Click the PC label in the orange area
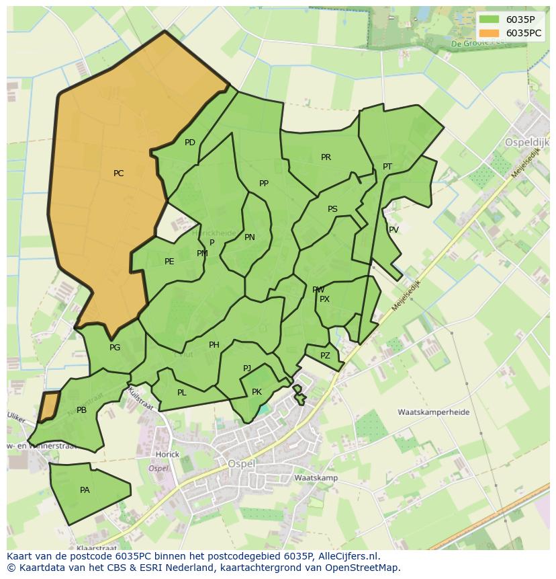coord(118,173)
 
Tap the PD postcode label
coord(190,143)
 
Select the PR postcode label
coord(326,157)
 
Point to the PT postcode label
coord(387,167)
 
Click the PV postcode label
coord(393,230)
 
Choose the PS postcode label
coord(332,209)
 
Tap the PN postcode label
coord(250,237)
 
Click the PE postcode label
coord(169,262)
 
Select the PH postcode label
coord(214,345)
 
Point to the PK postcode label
coord(257,392)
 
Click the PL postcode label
coord(181,393)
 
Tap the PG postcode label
coord(115,348)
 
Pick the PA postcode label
coord(85,490)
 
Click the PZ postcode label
coord(325,356)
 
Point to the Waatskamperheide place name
coord(433,412)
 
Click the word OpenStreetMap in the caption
coord(363,568)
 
